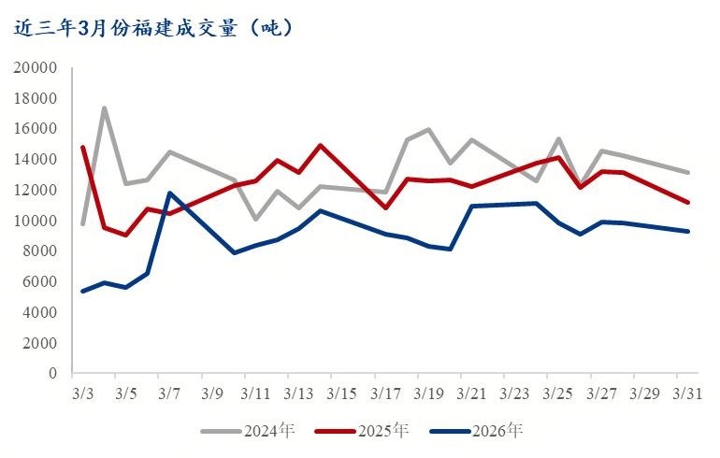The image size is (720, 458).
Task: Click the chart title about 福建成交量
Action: click(154, 28)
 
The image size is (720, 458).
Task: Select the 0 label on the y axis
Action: click(53, 374)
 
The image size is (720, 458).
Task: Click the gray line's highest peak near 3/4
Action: click(104, 108)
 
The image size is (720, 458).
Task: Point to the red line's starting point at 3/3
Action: click(82, 147)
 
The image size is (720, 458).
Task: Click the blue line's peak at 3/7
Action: click(169, 193)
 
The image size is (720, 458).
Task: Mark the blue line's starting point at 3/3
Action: click(82, 291)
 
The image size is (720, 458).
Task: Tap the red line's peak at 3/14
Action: click(321, 146)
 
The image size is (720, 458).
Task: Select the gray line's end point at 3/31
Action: click(688, 172)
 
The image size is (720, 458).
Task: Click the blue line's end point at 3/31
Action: click(688, 231)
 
